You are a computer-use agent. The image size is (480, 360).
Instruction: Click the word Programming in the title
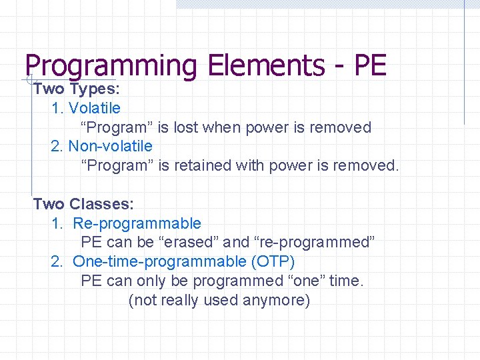[x=111, y=66]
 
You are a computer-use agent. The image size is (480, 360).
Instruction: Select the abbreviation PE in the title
[x=370, y=66]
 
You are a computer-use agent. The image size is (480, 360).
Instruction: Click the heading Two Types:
[x=76, y=89]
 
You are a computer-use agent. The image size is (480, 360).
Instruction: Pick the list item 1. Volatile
[x=86, y=108]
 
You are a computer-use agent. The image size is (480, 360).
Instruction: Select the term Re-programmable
[x=137, y=223]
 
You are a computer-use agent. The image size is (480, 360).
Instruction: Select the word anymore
[x=277, y=300]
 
